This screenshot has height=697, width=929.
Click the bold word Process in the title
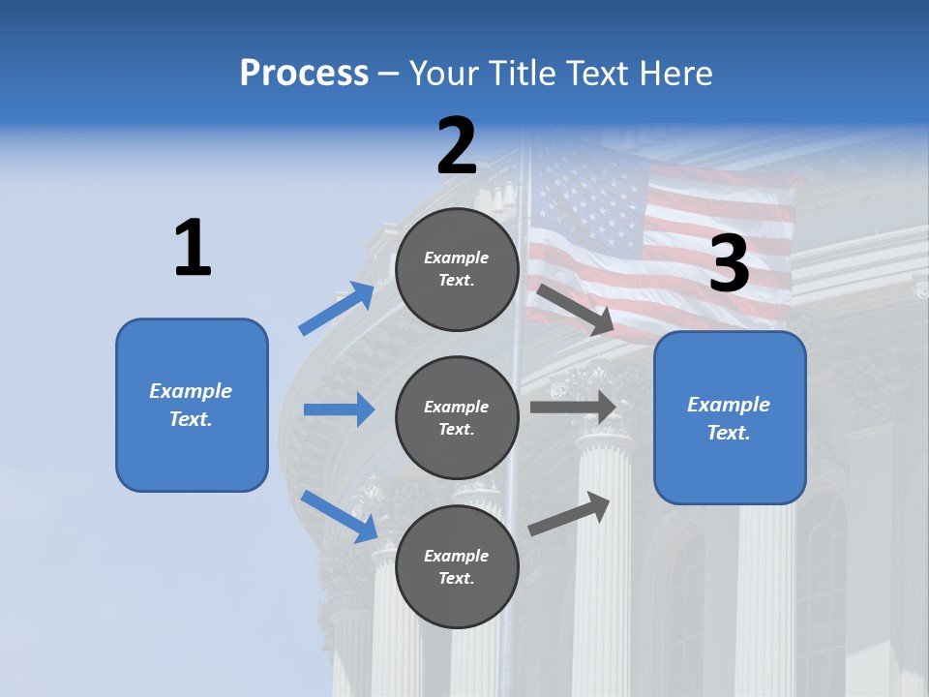[304, 74]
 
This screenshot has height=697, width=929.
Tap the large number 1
[193, 248]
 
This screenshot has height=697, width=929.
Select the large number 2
[457, 146]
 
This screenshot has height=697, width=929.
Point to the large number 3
[730, 263]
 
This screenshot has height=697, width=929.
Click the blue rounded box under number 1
[192, 405]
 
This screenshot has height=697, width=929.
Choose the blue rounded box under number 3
[730, 417]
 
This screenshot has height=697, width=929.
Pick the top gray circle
[457, 269]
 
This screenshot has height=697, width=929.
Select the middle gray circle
[457, 417]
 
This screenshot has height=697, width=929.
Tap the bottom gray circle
[457, 566]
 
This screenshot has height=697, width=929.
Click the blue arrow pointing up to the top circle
[337, 309]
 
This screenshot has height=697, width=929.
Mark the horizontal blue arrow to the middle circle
[339, 409]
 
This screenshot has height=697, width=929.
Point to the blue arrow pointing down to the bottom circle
[339, 515]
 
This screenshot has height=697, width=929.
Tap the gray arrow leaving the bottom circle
[570, 513]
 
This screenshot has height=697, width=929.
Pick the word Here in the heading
[677, 74]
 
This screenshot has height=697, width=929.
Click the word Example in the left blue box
[191, 391]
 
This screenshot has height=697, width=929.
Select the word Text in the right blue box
[728, 433]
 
